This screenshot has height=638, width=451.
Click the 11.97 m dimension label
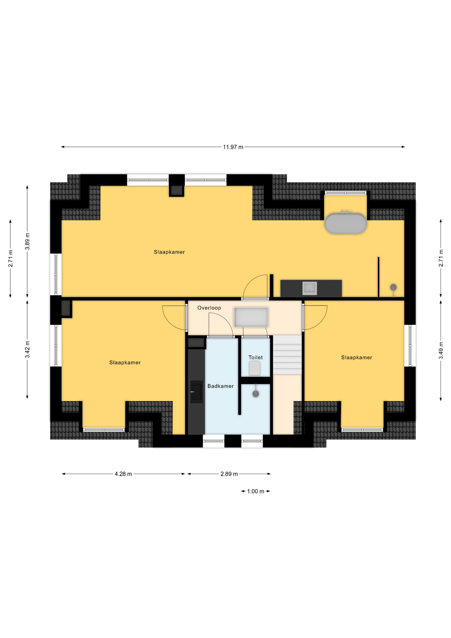pyautogui.click(x=233, y=147)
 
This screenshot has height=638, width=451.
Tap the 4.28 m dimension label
pyautogui.click(x=123, y=474)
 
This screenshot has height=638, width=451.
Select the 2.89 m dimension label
pyautogui.click(x=229, y=474)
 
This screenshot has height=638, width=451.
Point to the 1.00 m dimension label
pyautogui.click(x=255, y=491)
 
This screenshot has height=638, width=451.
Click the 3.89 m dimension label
pyautogui.click(x=28, y=242)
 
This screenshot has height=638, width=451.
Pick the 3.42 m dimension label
pyautogui.click(x=28, y=350)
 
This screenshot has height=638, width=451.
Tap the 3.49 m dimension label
pyautogui.click(x=441, y=351)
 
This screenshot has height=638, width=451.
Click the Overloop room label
pyautogui.click(x=209, y=308)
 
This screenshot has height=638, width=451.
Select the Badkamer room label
pyautogui.click(x=221, y=386)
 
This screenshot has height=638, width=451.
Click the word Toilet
pyautogui.click(x=255, y=358)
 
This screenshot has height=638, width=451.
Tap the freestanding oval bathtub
pyautogui.click(x=346, y=224)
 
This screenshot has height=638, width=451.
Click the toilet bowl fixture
pyautogui.click(x=255, y=369)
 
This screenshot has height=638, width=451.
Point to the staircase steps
pyautogui.click(x=287, y=355)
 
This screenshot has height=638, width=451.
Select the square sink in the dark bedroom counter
pyautogui.click(x=310, y=288)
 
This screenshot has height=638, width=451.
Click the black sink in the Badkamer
pyautogui.click(x=197, y=392)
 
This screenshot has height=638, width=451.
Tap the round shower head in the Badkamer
pyautogui.click(x=256, y=394)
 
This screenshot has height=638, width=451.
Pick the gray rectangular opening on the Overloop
pyautogui.click(x=251, y=317)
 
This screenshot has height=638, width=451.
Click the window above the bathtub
pyautogui.click(x=346, y=193)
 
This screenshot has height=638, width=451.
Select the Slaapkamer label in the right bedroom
pyautogui.click(x=357, y=358)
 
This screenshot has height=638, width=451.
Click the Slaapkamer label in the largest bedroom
pyautogui.click(x=169, y=252)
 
